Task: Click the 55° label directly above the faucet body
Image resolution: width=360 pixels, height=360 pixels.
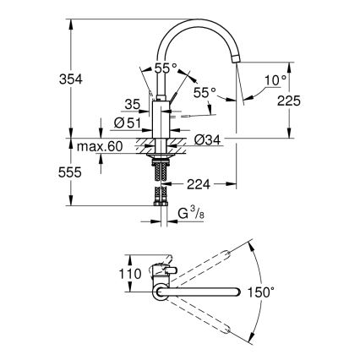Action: pos(166,68)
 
